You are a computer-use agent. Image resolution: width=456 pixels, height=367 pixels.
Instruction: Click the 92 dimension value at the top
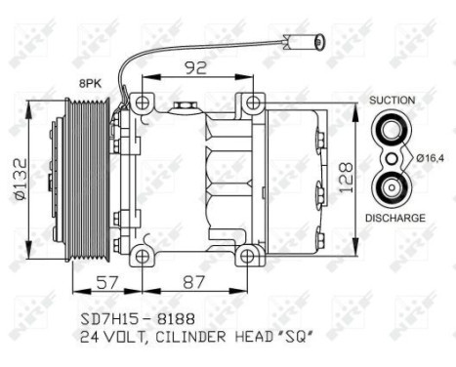[199, 69]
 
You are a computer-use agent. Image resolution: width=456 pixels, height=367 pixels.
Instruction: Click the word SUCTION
[393, 101]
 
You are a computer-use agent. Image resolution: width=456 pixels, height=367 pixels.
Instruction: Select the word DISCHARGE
[395, 218]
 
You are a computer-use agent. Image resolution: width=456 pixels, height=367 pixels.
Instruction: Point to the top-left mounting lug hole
[144, 103]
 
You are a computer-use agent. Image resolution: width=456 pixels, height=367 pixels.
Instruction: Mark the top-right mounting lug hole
[253, 103]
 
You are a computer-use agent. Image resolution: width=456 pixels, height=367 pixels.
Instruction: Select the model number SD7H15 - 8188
[138, 319]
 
